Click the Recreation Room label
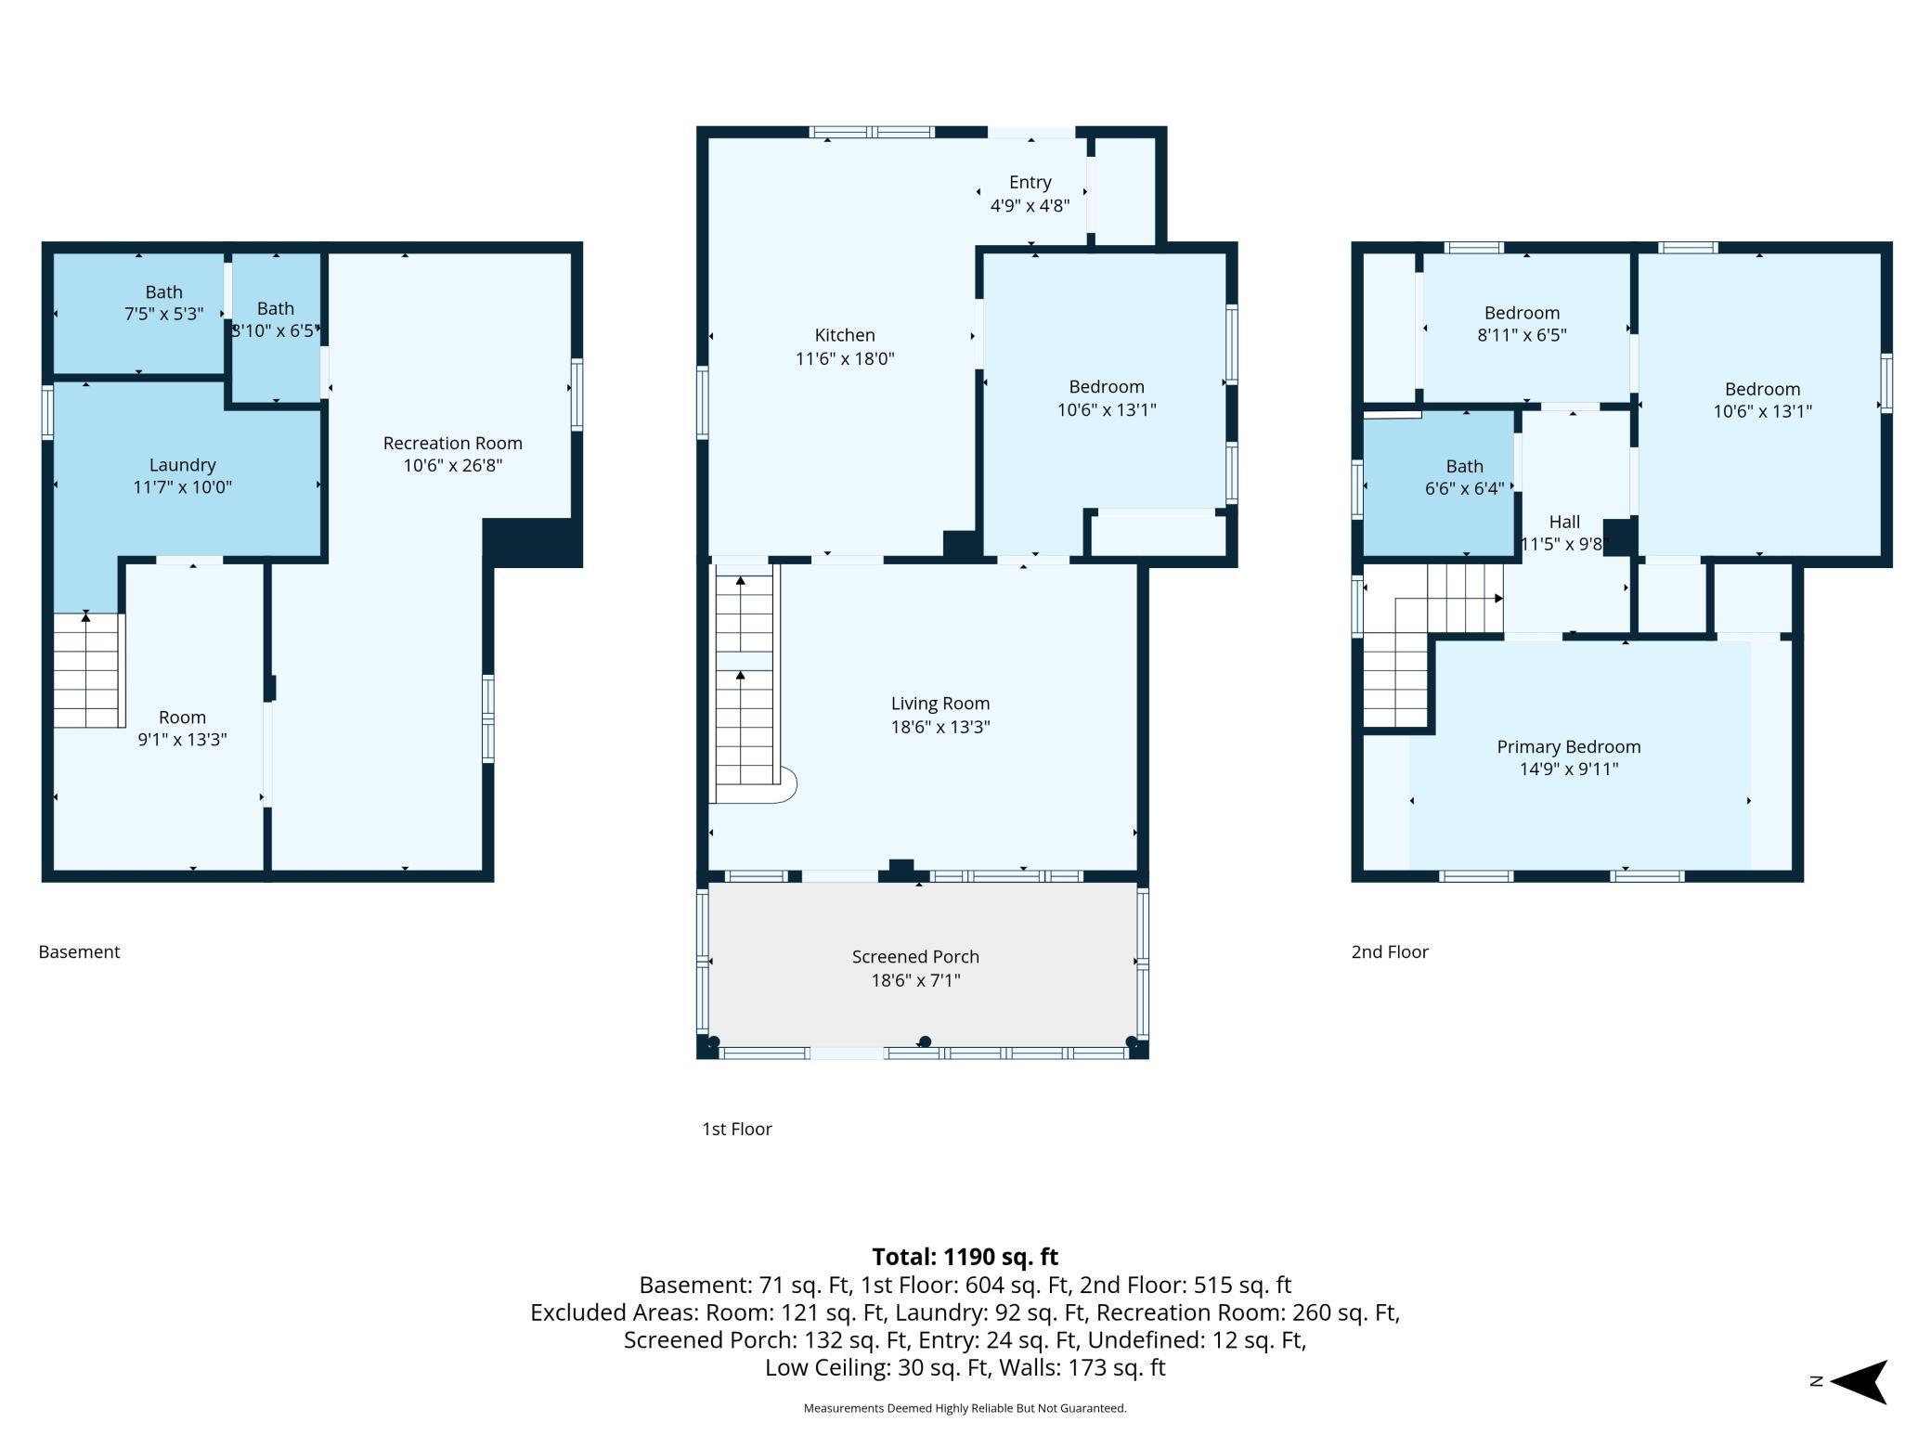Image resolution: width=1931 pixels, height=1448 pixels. click(x=452, y=444)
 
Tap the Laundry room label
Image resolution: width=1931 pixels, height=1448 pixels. click(x=182, y=465)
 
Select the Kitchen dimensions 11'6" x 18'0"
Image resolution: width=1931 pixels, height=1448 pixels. click(x=845, y=358)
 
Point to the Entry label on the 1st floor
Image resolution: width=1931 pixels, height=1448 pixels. click(x=1030, y=183)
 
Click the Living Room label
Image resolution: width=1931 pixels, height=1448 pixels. click(x=940, y=704)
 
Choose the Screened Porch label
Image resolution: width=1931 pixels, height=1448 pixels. click(x=915, y=956)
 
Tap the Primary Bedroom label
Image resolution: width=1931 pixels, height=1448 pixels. click(x=1569, y=746)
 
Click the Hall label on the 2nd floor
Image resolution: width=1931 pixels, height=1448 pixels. click(x=1564, y=522)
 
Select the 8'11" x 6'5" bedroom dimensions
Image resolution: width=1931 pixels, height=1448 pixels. click(x=1522, y=335)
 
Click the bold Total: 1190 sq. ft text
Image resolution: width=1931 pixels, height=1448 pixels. click(x=965, y=1257)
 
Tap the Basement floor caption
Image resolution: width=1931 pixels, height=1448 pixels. click(x=79, y=951)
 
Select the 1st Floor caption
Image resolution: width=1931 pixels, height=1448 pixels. click(x=737, y=1129)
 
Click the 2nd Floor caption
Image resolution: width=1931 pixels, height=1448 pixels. click(x=1390, y=951)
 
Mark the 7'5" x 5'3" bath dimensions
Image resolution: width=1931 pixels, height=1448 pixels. click(x=163, y=314)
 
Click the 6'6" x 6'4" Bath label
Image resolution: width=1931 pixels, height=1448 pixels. click(x=1464, y=477)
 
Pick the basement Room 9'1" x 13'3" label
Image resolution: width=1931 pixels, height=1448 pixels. click(x=182, y=728)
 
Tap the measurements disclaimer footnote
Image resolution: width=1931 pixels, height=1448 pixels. click(x=965, y=1408)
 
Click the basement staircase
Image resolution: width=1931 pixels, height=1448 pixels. click(x=88, y=670)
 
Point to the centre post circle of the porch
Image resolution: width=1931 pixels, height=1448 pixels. click(x=925, y=1041)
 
